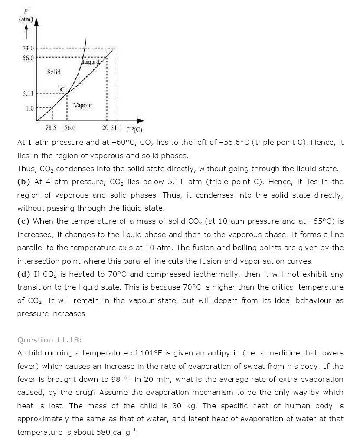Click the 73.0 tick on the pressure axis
29,49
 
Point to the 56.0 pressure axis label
29,57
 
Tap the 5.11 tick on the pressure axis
29,93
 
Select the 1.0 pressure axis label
29,108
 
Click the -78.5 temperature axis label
49,128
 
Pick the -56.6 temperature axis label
68,128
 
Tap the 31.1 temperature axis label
117,128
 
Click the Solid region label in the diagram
54,72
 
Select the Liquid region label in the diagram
91,62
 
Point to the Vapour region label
83,105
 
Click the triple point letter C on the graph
62,89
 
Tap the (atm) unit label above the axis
26,20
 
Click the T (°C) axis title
134,129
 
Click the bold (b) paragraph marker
23,182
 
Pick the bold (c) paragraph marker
23,221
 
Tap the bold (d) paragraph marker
23,274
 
